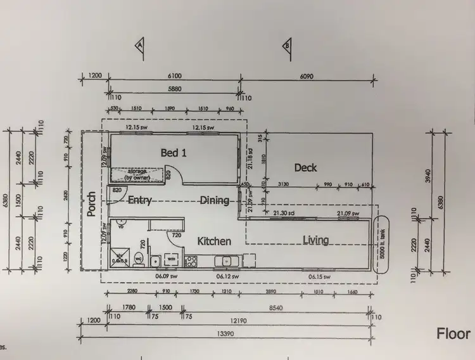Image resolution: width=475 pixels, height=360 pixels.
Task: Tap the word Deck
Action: click(x=305, y=167)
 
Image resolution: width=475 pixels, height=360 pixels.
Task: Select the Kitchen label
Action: click(x=213, y=241)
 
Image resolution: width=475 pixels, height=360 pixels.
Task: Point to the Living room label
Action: click(x=315, y=240)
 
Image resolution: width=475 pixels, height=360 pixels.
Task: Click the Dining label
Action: click(x=214, y=200)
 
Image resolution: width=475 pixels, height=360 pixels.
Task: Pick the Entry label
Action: click(x=139, y=200)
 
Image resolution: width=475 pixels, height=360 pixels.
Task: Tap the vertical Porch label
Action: click(x=92, y=204)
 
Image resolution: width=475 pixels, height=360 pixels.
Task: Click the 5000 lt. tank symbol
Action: click(x=383, y=244)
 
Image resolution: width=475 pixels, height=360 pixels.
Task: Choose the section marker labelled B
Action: click(x=287, y=45)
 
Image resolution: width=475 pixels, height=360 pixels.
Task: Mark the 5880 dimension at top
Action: click(x=174, y=90)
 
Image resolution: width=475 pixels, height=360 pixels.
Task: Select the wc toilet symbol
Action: click(x=138, y=258)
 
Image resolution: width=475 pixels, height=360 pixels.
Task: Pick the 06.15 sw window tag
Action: click(x=319, y=276)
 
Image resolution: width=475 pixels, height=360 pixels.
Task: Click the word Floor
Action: click(x=453, y=333)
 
